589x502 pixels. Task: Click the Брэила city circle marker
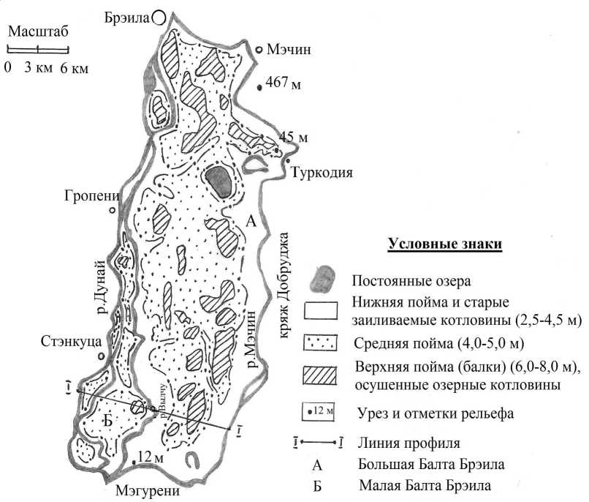click(159, 17)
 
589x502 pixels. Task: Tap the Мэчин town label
click(289, 50)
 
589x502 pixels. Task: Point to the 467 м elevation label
click(284, 86)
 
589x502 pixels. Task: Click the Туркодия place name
click(322, 173)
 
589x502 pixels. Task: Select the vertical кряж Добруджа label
click(285, 285)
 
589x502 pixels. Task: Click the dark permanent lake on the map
click(219, 179)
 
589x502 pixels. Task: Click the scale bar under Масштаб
click(38, 49)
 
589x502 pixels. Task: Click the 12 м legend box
click(321, 413)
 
